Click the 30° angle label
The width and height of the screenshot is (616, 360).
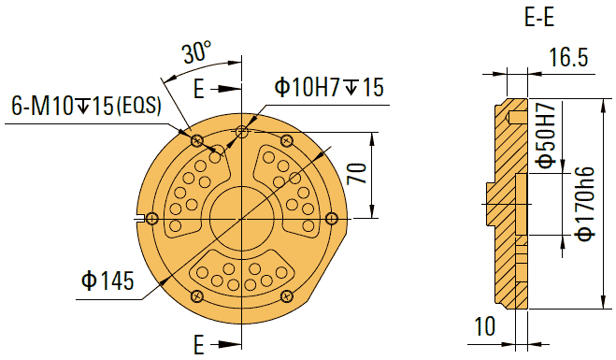coord(196,53)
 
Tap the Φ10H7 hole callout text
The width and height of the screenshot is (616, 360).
coord(328,88)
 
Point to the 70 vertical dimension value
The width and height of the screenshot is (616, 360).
coord(356,175)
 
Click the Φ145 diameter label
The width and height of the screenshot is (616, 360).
coord(107,280)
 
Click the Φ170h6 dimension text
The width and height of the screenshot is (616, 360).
coord(585,204)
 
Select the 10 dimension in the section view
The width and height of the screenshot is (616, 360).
coord(484,327)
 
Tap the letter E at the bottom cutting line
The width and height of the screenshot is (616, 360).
coord(198,343)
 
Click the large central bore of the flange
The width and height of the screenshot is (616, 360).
coord(240,217)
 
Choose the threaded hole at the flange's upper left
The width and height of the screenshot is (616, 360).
coord(196,141)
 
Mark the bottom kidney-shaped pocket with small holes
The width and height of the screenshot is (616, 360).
coord(241,273)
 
